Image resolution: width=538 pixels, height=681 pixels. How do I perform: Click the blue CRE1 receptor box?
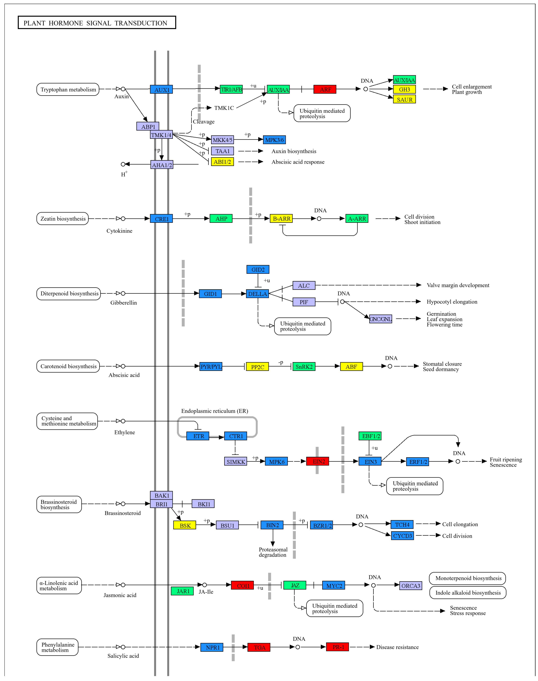click(161, 219)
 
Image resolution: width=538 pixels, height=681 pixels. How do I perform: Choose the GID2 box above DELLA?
click(258, 270)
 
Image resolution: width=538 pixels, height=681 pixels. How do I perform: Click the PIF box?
click(304, 302)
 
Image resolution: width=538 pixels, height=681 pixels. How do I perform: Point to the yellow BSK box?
click(185, 525)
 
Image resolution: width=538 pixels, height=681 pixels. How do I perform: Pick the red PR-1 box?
click(337, 647)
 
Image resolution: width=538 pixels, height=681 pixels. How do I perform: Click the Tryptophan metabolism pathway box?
click(68, 89)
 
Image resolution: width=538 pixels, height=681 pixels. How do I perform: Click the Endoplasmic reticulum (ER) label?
click(215, 411)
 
